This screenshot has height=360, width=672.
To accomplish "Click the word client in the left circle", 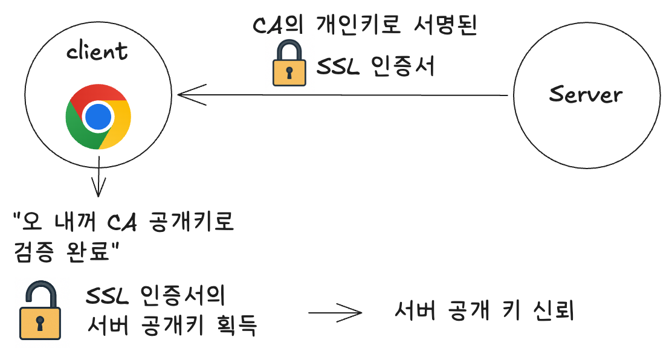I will click(97, 52).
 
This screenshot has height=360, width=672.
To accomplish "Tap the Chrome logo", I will click(98, 117).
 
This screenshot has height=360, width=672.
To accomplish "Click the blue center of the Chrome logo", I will click(98, 117).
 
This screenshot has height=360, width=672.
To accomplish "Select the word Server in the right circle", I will click(586, 94).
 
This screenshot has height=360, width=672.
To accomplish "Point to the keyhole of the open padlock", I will click(40, 323).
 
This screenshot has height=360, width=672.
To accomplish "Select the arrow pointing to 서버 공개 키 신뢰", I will click(335, 313).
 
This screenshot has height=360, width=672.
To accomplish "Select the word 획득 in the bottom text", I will click(236, 327).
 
